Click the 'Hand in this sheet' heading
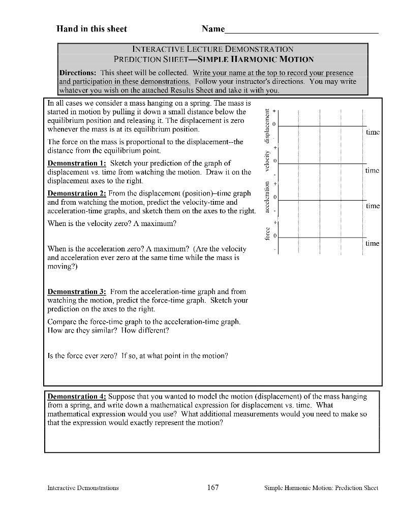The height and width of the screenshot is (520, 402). click(91, 29)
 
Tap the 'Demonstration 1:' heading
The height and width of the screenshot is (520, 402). click(77, 163)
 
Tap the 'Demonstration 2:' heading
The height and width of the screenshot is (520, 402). click(77, 193)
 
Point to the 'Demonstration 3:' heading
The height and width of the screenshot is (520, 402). click(77, 291)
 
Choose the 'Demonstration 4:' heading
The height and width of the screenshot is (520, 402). click(77, 396)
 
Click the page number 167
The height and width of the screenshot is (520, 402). click(213, 487)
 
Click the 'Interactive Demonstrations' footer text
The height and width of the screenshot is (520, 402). click(83, 488)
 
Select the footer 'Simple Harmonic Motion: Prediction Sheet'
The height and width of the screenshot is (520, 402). click(321, 488)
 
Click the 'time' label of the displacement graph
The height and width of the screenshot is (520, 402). click(373, 132)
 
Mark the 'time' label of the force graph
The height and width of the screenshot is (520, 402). click(373, 243)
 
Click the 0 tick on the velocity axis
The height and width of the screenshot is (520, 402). click(274, 161)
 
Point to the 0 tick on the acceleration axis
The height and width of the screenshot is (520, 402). click(274, 197)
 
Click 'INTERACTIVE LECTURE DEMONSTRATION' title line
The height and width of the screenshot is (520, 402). click(213, 49)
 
